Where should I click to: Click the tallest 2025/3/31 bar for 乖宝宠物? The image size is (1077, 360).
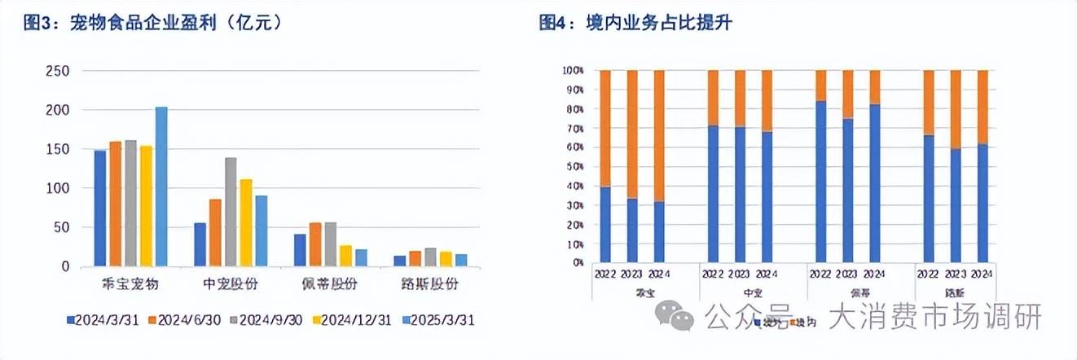click(161, 187)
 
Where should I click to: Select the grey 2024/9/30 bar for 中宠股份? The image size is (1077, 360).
click(231, 212)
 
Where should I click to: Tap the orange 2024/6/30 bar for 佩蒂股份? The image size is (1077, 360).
click(315, 244)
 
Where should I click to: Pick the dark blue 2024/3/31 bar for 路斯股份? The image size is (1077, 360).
click(399, 261)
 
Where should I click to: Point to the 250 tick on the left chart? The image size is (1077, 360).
click(59, 71)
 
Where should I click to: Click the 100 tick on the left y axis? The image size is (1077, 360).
click(59, 188)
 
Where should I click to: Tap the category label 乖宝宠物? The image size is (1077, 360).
click(130, 285)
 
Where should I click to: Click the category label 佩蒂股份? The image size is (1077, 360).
click(323, 285)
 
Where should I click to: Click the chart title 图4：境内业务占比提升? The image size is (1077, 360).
click(635, 24)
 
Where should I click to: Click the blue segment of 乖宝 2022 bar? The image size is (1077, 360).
click(605, 225)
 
